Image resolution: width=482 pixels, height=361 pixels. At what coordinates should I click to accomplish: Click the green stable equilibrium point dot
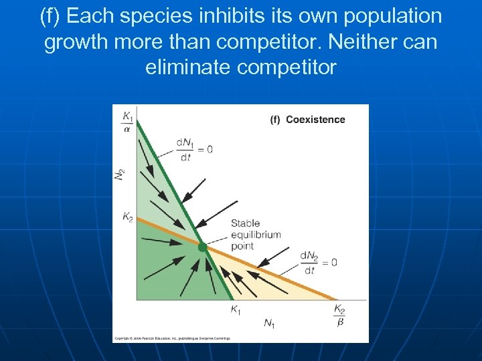(x=202, y=247)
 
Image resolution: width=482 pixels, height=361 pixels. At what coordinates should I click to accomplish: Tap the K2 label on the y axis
(x=127, y=217)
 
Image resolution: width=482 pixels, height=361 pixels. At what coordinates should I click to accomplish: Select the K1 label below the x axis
(x=236, y=309)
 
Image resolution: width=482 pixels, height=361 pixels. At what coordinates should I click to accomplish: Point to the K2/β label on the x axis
(x=339, y=314)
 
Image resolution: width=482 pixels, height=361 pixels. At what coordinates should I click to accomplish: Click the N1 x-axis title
(x=269, y=324)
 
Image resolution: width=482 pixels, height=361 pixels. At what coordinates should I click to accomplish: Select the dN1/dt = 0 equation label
(x=193, y=150)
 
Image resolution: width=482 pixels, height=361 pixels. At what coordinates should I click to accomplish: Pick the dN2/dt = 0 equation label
(x=317, y=262)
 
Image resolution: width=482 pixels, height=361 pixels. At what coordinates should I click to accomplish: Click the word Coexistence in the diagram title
(x=315, y=120)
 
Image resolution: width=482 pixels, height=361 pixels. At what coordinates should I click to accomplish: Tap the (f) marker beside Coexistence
(x=275, y=120)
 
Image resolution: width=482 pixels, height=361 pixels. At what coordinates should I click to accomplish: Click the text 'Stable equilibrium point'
(x=255, y=235)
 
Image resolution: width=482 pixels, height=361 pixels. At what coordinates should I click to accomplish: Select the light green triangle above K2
(x=161, y=187)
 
